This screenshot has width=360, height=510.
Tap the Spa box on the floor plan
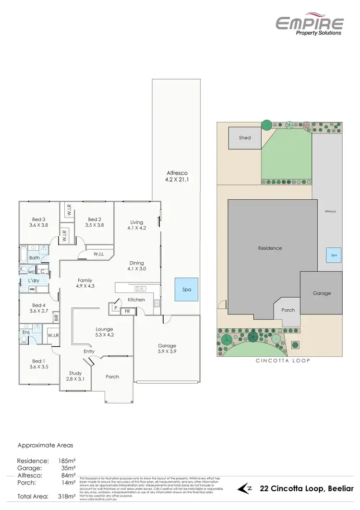coord(187,290)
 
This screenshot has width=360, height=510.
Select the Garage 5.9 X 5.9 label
coord(167,349)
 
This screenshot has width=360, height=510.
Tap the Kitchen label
coord(136,300)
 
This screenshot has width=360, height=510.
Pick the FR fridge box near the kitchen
coord(127,311)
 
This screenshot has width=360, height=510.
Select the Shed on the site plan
coord(245,138)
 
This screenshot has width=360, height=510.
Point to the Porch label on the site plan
coord(288,310)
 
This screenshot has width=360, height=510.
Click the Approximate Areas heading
coord(46,445)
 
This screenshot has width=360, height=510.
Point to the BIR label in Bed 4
coord(56,317)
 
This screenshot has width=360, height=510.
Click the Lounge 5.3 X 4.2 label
coord(104,331)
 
